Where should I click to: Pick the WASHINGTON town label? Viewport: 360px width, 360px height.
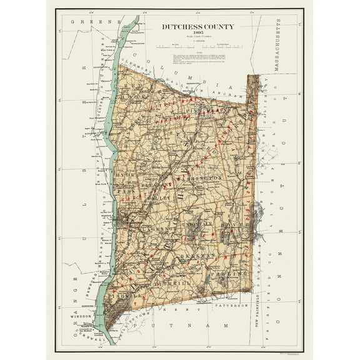tap(201, 177)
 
